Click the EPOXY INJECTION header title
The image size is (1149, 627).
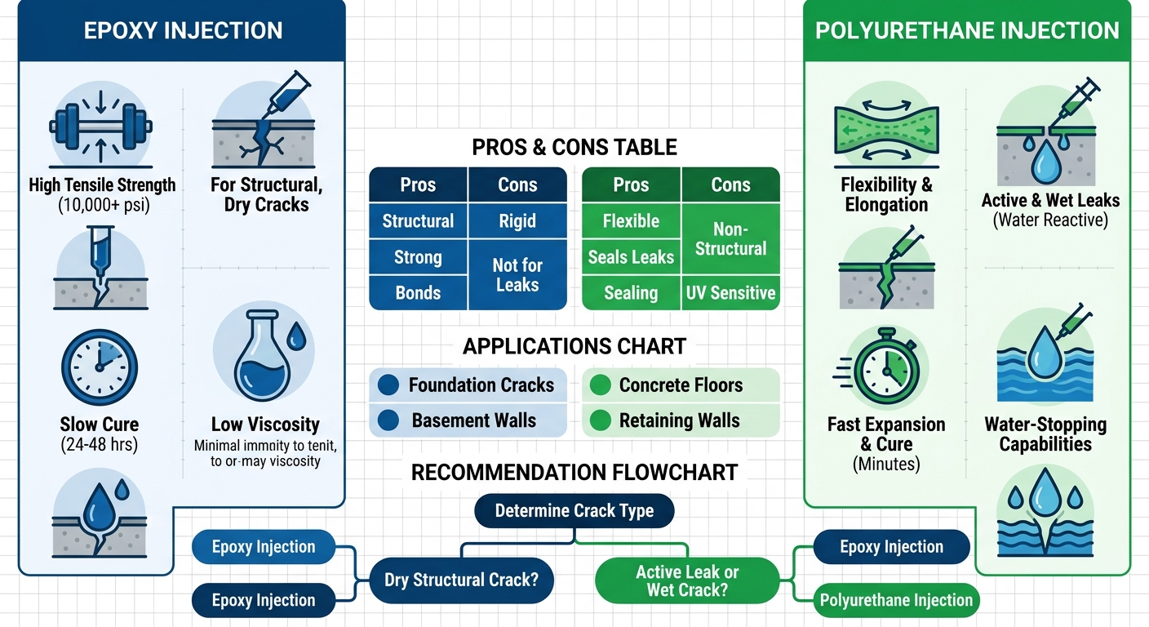point(183,31)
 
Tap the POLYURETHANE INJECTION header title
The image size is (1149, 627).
point(967,31)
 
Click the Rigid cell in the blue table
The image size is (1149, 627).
point(517,220)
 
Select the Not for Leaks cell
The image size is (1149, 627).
point(517,275)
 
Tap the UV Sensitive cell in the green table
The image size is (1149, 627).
point(730,293)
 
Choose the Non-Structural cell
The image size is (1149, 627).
point(730,239)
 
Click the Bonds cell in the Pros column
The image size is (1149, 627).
point(418,293)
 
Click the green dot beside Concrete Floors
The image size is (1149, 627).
point(600,385)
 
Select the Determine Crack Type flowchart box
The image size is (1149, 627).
point(574,511)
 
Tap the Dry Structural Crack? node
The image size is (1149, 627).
point(461,580)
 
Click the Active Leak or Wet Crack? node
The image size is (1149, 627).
point(687,581)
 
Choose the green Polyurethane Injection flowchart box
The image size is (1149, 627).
point(896,601)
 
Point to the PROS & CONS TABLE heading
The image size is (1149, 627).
point(574,147)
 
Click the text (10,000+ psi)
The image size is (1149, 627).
point(104,206)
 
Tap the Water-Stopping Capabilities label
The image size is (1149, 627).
point(1045,434)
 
